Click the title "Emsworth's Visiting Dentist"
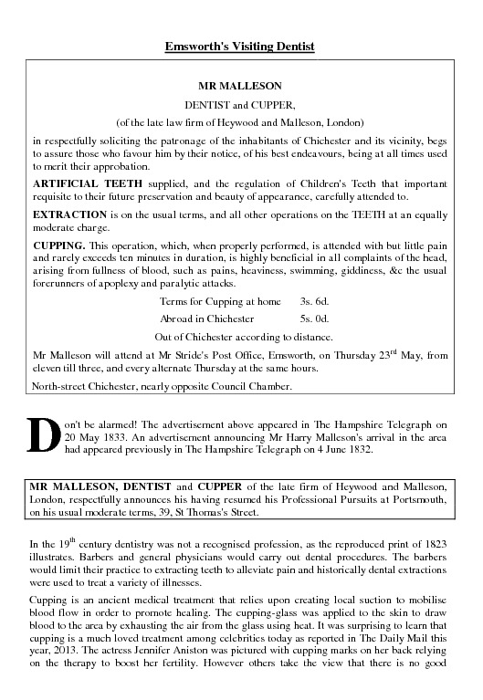[x=241, y=45]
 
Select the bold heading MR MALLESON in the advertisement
[x=241, y=87]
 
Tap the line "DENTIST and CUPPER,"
[x=241, y=104]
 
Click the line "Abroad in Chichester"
[x=207, y=318]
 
